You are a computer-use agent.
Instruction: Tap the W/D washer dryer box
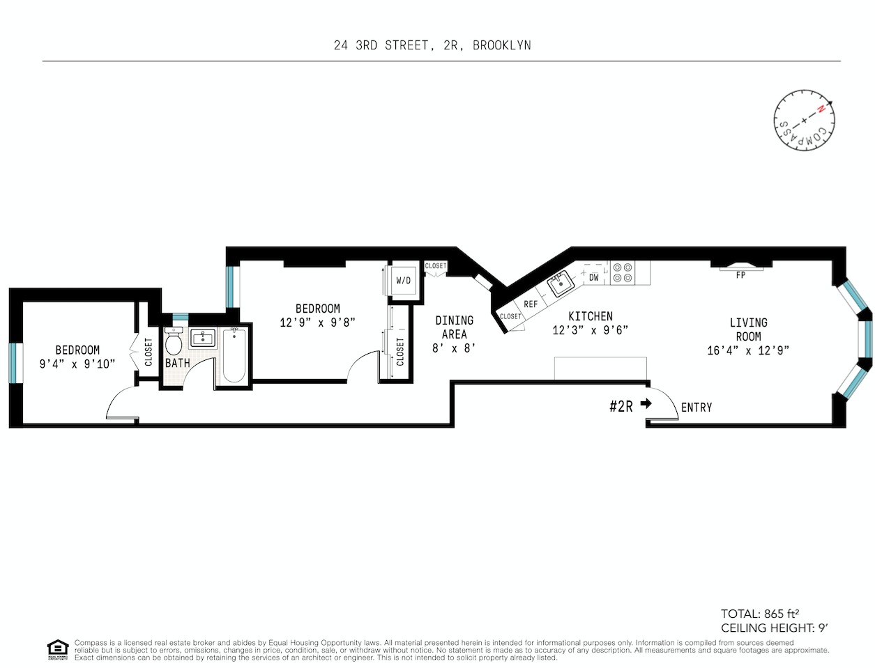tap(404, 281)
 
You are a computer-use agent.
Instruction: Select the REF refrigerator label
tap(531, 304)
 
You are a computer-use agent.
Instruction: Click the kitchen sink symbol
tap(561, 285)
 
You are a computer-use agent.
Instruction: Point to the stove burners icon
tap(623, 272)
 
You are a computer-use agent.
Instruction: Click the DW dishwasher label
tap(594, 277)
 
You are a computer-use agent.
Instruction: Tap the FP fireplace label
tap(740, 275)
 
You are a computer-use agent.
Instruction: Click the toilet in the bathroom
tap(174, 343)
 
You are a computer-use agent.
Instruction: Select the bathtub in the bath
tap(234, 355)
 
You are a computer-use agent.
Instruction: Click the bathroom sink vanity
tap(203, 339)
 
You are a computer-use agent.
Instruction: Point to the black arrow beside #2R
tap(646, 403)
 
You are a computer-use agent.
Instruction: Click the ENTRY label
tap(697, 407)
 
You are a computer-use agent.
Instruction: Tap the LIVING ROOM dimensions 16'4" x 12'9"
tap(748, 351)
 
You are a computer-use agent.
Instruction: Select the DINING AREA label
tap(454, 327)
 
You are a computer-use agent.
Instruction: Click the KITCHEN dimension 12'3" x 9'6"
tap(591, 330)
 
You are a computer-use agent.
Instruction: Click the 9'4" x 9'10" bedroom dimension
tap(77, 364)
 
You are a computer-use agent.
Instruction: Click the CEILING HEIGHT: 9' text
tap(774, 628)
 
